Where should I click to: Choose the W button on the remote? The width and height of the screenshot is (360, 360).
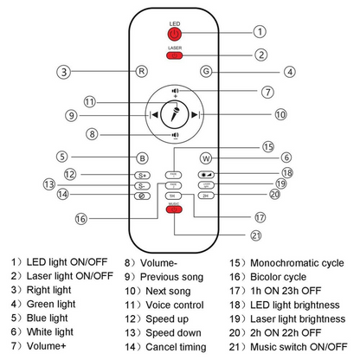(205, 157)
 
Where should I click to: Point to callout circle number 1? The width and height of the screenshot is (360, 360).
(258, 31)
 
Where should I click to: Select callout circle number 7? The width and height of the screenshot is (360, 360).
(268, 92)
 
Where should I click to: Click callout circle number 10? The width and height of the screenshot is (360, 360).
(280, 114)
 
